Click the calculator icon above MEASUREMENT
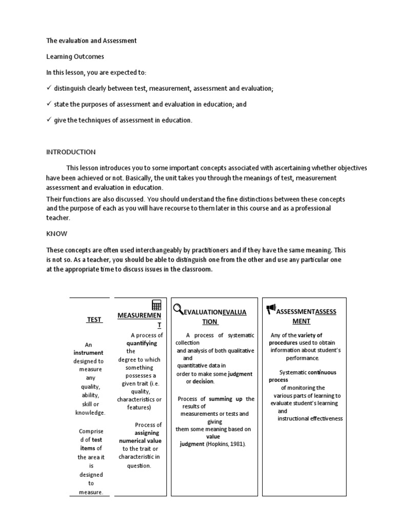(x=156, y=305)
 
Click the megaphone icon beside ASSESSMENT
(x=271, y=309)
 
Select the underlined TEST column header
(x=94, y=319)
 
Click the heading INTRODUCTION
(x=71, y=152)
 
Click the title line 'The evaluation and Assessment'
(x=91, y=41)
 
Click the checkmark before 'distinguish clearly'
(x=49, y=88)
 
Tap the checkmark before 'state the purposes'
(x=49, y=104)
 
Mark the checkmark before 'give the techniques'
(x=49, y=120)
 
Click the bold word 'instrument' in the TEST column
(x=88, y=353)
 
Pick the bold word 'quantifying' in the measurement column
(x=142, y=343)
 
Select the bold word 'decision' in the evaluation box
(x=203, y=381)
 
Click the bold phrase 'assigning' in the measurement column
(x=147, y=433)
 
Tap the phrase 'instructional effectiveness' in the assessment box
(x=310, y=418)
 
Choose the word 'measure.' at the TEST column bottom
(x=91, y=493)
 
